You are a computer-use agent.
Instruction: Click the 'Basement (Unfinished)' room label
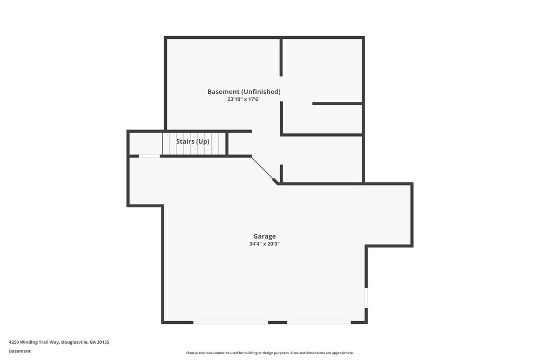pyautogui.click(x=244, y=92)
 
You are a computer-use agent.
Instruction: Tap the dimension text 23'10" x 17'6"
pyautogui.click(x=244, y=99)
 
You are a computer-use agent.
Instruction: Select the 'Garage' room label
pyautogui.click(x=265, y=236)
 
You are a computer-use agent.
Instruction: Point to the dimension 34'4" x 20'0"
pyautogui.click(x=265, y=244)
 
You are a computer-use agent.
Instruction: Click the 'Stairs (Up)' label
pyautogui.click(x=193, y=141)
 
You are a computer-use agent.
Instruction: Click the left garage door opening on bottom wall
pyautogui.click(x=231, y=322)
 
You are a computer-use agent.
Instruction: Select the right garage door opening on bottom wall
pyautogui.click(x=319, y=322)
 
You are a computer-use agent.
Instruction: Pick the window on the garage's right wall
pyautogui.click(x=366, y=297)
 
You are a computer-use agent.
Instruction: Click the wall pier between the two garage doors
pyautogui.click(x=278, y=322)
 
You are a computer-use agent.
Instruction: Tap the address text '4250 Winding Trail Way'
pyautogui.click(x=33, y=342)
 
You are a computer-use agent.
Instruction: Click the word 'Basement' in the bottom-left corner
pyautogui.click(x=20, y=351)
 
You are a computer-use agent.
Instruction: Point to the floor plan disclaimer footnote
pyautogui.click(x=270, y=353)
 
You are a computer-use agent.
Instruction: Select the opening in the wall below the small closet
pyautogui.click(x=149, y=156)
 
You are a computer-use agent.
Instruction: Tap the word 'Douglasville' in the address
pyautogui.click(x=75, y=342)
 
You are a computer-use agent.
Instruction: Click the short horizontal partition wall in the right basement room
pyautogui.click(x=337, y=103)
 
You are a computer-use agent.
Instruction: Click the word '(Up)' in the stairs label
pyautogui.click(x=202, y=141)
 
